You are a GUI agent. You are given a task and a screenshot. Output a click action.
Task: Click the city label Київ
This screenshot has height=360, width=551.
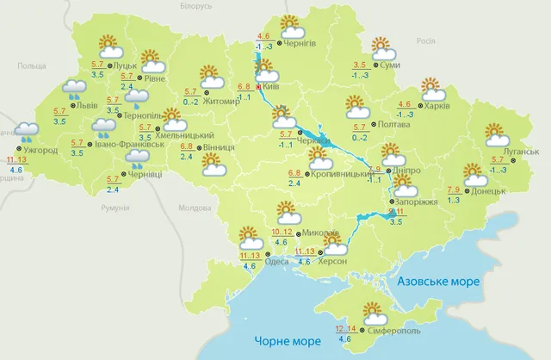[273, 87]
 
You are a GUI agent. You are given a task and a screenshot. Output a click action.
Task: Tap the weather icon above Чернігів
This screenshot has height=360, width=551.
[288, 26]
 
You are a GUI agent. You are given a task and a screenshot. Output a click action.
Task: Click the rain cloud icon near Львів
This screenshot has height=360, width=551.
[74, 89]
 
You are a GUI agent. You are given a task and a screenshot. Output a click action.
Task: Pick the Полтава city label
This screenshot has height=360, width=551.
[393, 125]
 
